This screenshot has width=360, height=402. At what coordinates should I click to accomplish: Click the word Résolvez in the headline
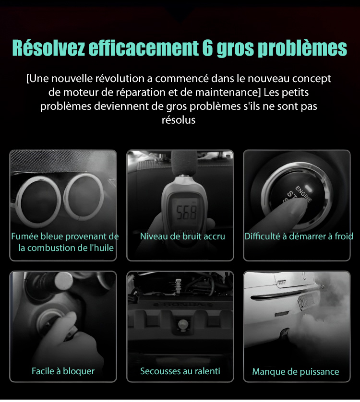click(x=48, y=47)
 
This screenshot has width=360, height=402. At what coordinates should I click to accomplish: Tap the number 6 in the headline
click(x=207, y=47)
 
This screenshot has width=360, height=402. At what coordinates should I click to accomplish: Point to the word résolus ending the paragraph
click(x=179, y=120)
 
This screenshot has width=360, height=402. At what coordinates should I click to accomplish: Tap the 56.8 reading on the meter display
click(x=186, y=213)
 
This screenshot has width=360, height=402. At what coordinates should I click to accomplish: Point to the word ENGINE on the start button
click(x=303, y=194)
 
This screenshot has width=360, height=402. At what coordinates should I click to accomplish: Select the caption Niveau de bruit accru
click(x=182, y=236)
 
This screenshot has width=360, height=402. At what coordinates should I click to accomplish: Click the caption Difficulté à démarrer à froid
click(x=299, y=236)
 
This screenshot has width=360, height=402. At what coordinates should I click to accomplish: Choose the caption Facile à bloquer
click(x=63, y=371)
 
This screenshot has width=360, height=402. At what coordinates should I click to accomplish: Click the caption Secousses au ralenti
click(x=180, y=371)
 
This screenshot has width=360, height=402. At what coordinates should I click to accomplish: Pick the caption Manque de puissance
click(x=296, y=371)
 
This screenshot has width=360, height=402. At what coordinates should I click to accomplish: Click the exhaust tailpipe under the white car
click(x=284, y=332)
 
